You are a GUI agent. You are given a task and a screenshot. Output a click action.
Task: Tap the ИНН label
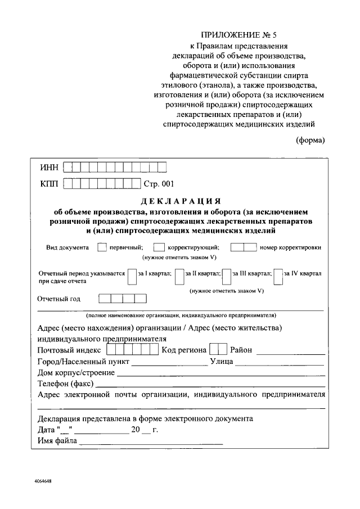[x=48, y=167]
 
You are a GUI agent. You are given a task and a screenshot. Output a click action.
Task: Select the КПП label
[x=48, y=183]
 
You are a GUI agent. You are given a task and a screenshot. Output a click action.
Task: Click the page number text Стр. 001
[x=160, y=183]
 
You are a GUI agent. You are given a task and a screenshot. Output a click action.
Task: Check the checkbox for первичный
[x=102, y=247]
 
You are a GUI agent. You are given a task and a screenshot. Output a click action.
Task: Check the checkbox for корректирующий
[x=159, y=247]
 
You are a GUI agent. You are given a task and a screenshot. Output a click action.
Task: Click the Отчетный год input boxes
[x=122, y=299]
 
